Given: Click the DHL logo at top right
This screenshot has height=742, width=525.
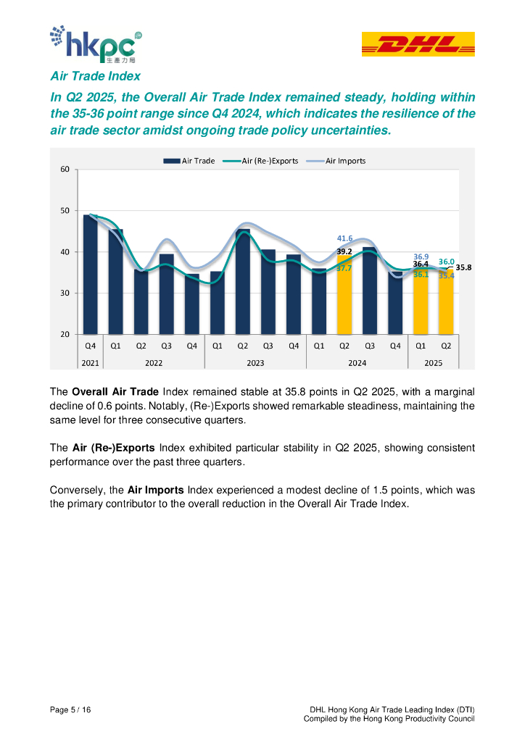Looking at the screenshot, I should tap(418, 44).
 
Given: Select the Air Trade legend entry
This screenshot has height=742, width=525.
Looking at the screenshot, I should tap(191, 160).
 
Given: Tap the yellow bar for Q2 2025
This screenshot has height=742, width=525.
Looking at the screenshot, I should tap(446, 302).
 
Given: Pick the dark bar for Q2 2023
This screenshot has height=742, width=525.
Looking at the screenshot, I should tap(243, 283).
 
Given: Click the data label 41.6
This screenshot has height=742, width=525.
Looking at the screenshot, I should tap(345, 238).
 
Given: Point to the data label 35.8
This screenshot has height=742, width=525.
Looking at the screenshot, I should tap(464, 267).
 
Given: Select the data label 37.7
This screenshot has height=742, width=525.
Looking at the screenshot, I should tap(344, 268).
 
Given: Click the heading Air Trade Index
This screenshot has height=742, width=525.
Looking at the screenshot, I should tap(95, 76).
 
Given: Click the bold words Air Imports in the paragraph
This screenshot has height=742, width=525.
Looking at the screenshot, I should tap(155, 490).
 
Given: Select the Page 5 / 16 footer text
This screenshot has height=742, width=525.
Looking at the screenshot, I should tap(70, 708).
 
